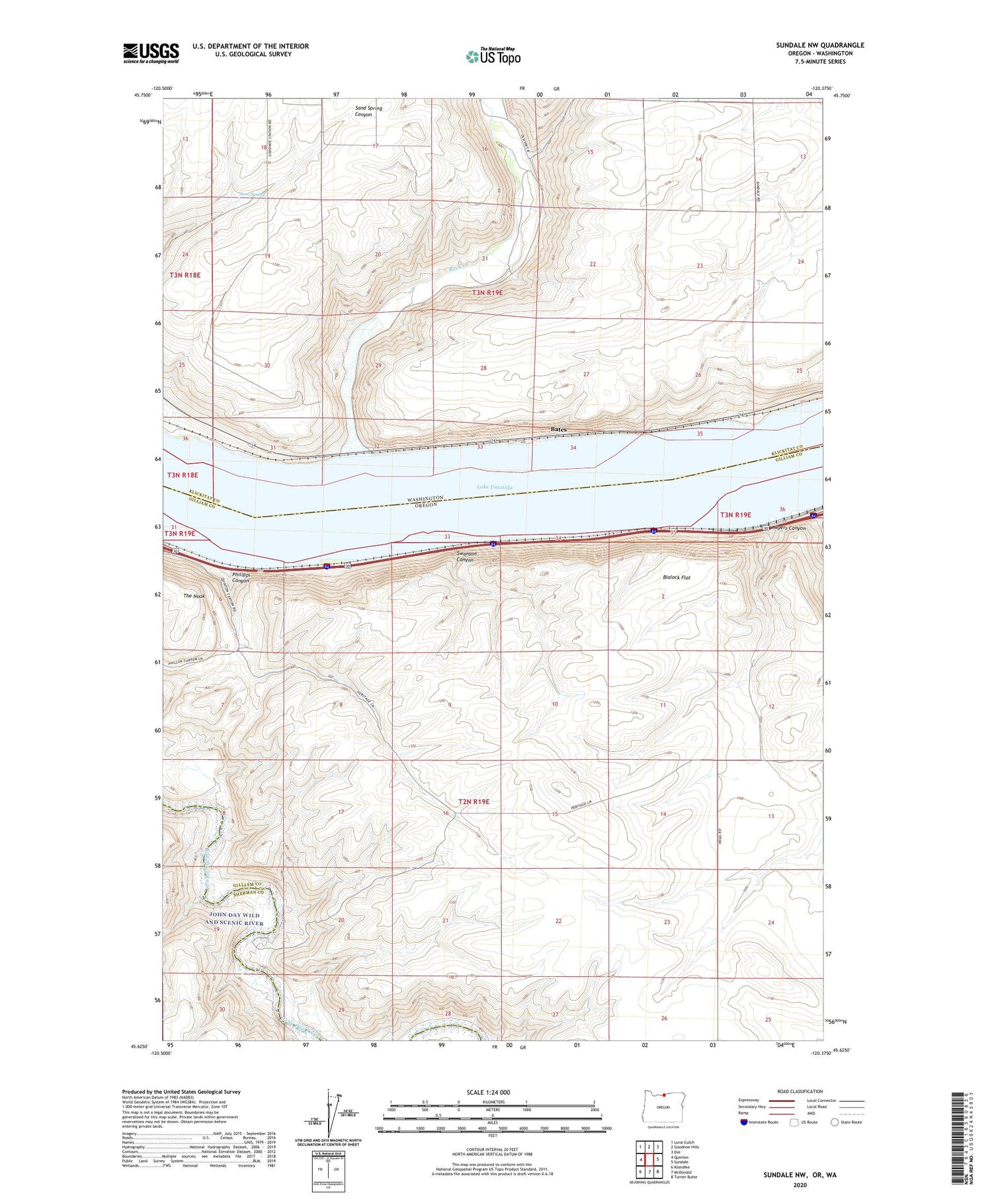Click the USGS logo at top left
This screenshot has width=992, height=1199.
tap(151, 53)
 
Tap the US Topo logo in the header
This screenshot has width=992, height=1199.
tap(493, 56)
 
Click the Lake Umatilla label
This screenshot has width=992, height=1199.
tap(494, 487)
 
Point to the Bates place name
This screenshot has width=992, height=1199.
tap(558, 430)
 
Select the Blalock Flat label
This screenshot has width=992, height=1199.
tap(676, 577)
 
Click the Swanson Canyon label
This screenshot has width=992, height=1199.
tap(465, 556)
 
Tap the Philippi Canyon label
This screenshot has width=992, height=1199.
tap(240, 577)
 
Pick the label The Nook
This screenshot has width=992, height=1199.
tap(194, 596)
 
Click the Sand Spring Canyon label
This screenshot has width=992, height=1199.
tap(368, 111)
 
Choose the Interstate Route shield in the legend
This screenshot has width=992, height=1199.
tap(744, 1122)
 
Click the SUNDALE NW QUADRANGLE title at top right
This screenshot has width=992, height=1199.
tap(820, 45)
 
